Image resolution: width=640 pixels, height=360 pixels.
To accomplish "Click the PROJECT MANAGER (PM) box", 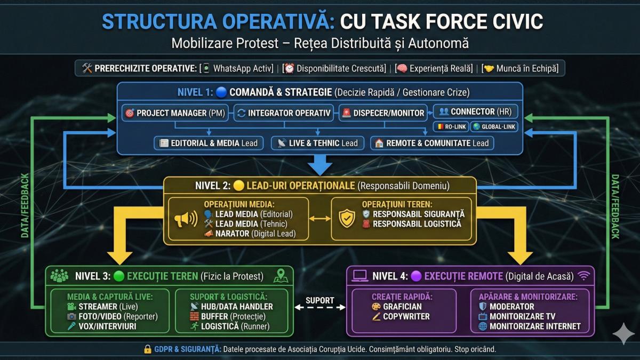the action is (x=175, y=113).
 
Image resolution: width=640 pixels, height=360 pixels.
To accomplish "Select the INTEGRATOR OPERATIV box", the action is (x=284, y=113).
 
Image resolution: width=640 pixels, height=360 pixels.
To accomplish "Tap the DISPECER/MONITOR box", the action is (x=383, y=113).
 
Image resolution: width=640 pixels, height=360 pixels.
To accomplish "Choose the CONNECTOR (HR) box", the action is (x=475, y=111).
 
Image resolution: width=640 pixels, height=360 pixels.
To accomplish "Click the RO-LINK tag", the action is (x=451, y=126).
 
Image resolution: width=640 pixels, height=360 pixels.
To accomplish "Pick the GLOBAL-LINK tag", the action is (x=494, y=126).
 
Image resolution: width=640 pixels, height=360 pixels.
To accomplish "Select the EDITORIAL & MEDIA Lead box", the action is (x=209, y=143).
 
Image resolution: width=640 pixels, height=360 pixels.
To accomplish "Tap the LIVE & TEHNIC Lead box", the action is (x=318, y=143).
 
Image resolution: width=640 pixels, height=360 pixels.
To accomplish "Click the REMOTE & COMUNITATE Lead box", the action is (x=432, y=143).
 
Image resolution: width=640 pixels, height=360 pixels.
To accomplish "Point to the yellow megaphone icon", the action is (x=186, y=219).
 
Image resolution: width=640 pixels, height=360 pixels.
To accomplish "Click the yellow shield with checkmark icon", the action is (x=347, y=219).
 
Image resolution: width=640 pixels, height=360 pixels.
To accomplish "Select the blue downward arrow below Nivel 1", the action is (x=320, y=165).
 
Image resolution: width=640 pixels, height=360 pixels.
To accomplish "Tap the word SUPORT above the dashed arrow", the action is (x=319, y=300).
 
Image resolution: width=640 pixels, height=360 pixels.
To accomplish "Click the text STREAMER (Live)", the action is (x=108, y=307).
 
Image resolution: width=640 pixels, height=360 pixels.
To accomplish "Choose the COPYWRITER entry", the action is (x=406, y=317).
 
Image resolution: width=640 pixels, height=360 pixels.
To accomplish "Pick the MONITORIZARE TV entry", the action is (x=522, y=317).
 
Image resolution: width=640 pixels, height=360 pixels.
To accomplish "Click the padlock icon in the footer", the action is (x=148, y=349).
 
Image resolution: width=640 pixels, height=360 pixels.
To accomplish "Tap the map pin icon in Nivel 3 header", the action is (x=281, y=276).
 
